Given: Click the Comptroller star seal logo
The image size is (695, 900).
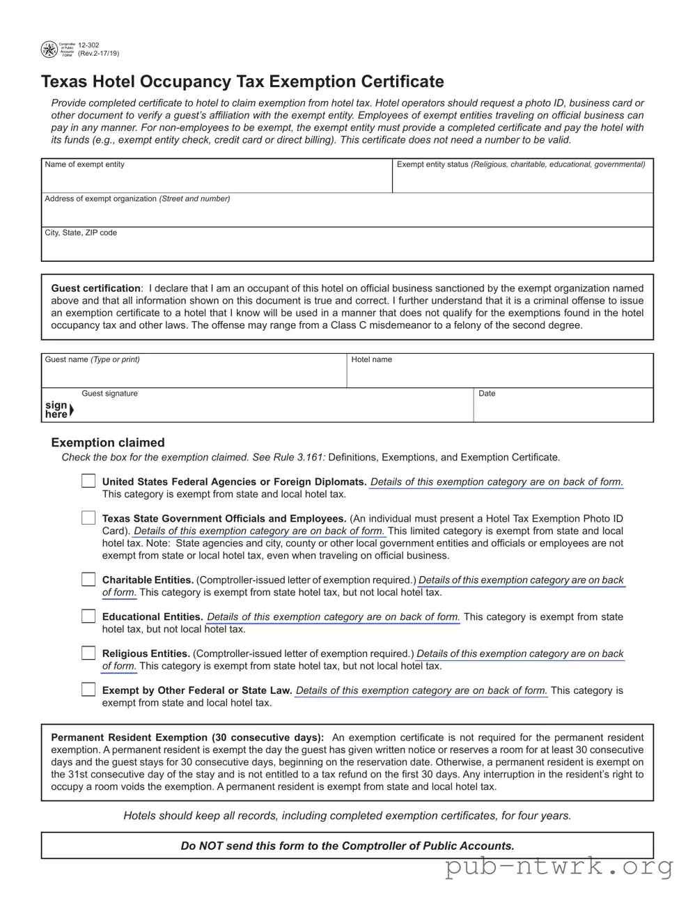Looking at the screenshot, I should pos(49,49).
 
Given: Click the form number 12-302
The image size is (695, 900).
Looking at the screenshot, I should pos(88,45).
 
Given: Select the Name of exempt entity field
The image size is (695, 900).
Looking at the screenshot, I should pos(216,180).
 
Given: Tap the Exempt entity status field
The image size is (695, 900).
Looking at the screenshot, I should pos(522,180).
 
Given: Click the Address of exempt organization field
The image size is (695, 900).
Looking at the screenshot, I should pos(347,213).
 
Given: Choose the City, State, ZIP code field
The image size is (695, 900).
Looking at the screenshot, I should pos(347,247).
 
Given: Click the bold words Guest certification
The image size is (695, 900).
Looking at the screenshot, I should pos(95,288).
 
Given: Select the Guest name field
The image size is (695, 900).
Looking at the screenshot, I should pos(194,374).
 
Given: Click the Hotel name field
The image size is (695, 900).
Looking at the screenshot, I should pos(499,374).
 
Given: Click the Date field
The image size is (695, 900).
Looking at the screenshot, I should pos(563,408).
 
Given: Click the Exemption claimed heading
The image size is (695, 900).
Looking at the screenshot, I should pos(108,442).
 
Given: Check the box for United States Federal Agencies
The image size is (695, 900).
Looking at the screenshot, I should pos(88,481).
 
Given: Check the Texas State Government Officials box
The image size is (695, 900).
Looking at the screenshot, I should pos(88,518).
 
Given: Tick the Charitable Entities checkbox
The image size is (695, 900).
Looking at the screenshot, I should pos(88,579).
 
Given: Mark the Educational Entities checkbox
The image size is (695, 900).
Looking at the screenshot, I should pos(88,616).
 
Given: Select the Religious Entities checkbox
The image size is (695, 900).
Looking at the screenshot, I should pos(88,653).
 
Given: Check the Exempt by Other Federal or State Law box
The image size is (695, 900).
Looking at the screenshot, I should pos(88,690).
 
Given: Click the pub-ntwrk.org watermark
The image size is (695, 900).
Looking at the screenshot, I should pos(559,867).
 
